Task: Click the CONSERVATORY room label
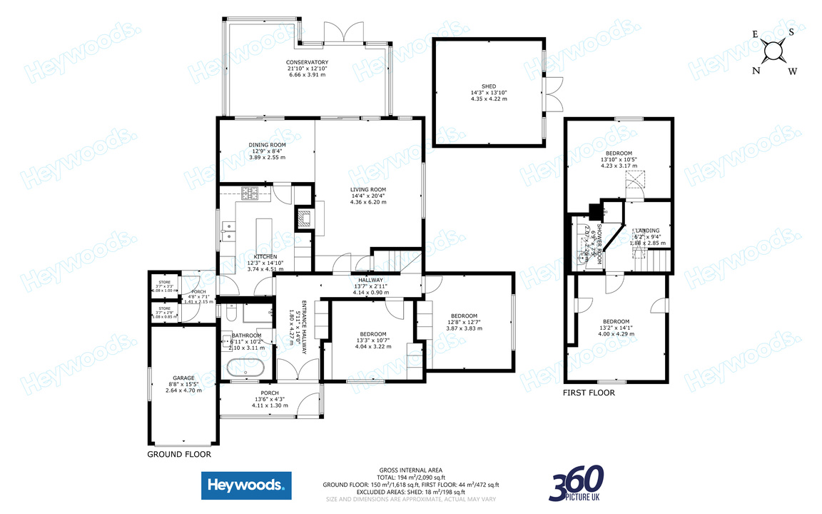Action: click(x=307, y=62)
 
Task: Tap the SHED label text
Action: click(x=488, y=86)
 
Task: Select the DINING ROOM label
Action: click(x=267, y=145)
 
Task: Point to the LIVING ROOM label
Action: click(x=367, y=189)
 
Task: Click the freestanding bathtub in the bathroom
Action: click(x=245, y=368)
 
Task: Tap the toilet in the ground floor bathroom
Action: click(x=230, y=315)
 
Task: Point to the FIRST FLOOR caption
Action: click(x=589, y=393)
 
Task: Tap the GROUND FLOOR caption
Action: click(x=178, y=454)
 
